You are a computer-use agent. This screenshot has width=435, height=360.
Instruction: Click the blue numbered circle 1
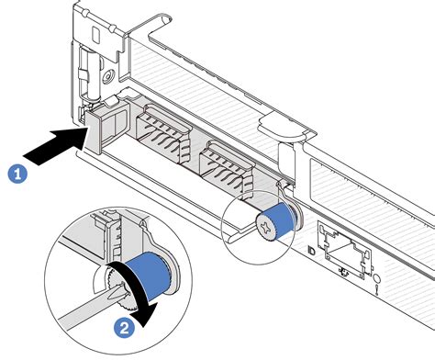point(17,174)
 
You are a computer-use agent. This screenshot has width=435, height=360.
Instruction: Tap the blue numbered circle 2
point(124,329)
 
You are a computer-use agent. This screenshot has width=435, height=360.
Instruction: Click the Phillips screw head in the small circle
point(264,227)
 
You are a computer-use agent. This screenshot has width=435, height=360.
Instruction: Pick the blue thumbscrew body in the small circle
point(282,220)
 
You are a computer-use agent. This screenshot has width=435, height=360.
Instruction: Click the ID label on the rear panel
point(311,252)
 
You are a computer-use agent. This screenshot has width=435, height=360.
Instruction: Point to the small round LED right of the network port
point(377,279)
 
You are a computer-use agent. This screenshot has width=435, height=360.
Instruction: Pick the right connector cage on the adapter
point(227,169)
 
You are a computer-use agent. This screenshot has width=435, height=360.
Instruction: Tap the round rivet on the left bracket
point(108,75)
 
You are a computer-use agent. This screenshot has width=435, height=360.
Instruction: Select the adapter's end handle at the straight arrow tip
point(94,132)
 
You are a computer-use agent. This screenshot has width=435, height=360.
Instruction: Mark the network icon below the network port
point(343,271)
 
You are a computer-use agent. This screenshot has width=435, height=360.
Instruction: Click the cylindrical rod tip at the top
point(164,20)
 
